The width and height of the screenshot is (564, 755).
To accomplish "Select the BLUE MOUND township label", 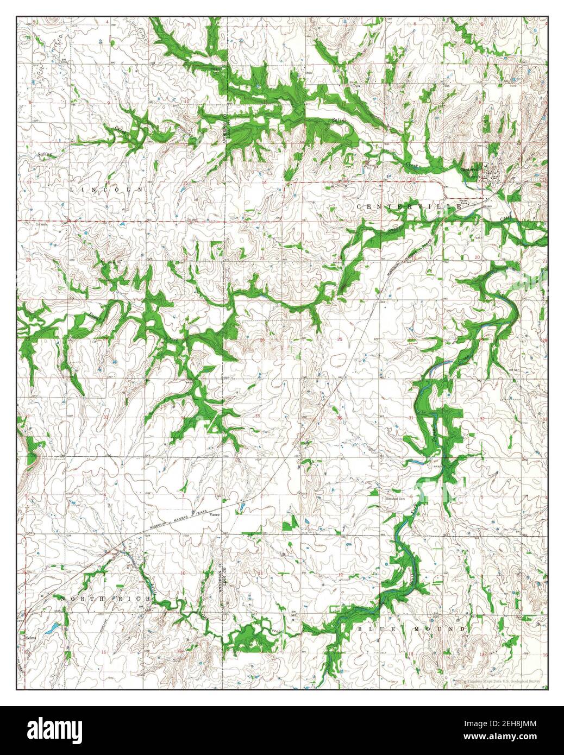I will [412, 629].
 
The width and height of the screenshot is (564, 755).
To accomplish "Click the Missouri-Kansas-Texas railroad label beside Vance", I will [174, 521].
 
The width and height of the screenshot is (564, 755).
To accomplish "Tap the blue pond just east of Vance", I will [240, 509].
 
